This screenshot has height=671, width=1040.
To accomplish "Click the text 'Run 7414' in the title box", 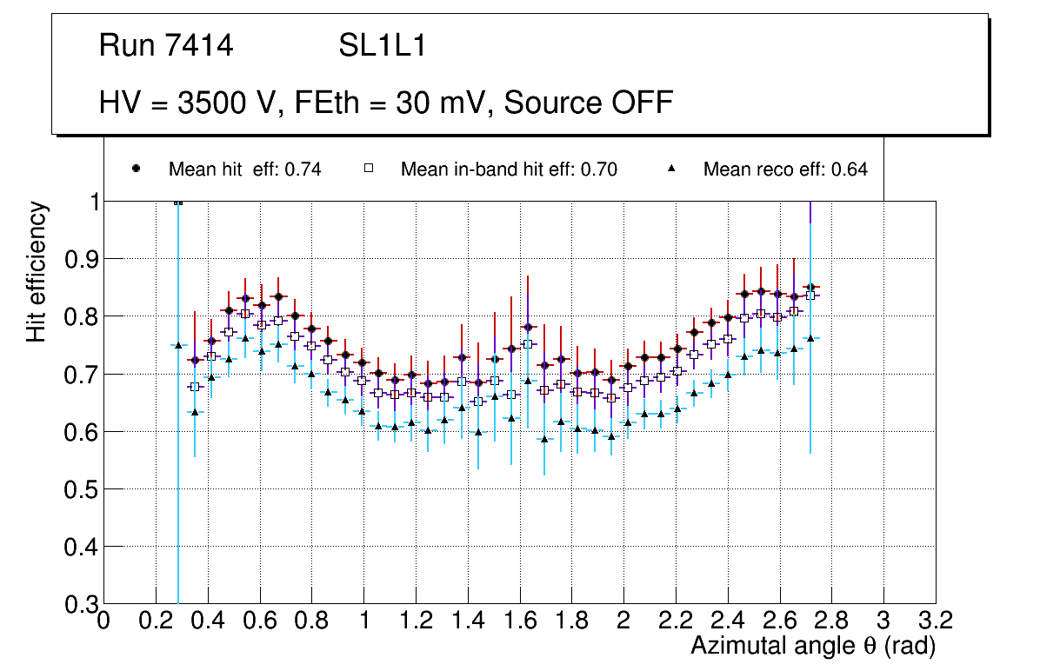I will (166, 46).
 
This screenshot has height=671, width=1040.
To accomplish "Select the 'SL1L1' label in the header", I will (383, 46).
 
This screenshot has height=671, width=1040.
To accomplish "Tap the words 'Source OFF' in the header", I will (589, 103).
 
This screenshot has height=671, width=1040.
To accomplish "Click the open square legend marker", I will (368, 169).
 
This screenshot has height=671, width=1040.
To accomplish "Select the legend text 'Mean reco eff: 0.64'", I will (785, 169).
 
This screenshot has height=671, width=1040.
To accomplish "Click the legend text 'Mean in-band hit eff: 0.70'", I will (509, 169).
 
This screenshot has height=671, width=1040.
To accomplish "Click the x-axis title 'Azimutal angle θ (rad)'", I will (813, 647).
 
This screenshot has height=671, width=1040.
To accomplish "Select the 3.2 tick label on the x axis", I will (936, 621).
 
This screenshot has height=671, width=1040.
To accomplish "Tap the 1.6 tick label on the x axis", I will (519, 621).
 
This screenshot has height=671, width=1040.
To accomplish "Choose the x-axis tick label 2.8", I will (831, 621).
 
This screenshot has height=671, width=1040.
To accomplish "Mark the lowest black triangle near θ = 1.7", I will (545, 439).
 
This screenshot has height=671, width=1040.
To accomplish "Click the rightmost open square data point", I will (810, 296).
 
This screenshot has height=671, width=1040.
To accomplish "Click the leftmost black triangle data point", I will (178, 345).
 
